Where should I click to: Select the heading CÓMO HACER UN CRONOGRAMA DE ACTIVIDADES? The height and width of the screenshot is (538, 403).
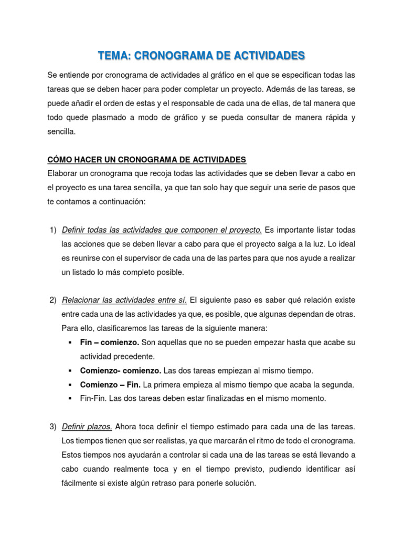[x=146, y=159]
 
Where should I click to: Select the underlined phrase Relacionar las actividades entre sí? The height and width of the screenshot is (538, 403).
[x=124, y=300]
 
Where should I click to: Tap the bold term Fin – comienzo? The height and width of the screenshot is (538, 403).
[x=110, y=342]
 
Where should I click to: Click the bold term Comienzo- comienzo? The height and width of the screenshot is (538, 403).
[x=118, y=370]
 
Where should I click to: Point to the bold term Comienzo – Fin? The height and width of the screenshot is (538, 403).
[x=110, y=385]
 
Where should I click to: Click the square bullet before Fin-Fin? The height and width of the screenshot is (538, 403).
[x=70, y=399]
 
